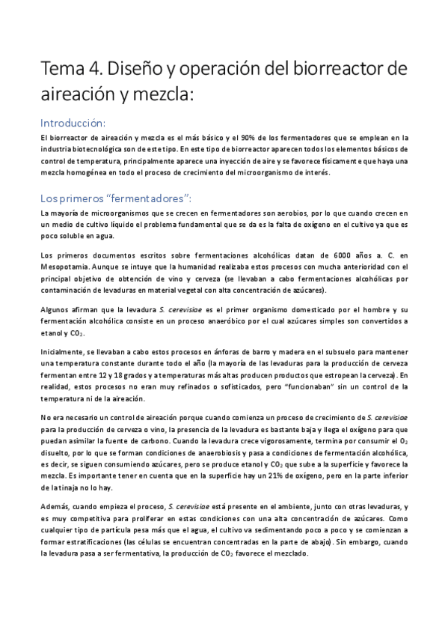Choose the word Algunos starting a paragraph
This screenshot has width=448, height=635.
tap(56, 309)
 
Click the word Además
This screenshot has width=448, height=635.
tap(55, 507)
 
